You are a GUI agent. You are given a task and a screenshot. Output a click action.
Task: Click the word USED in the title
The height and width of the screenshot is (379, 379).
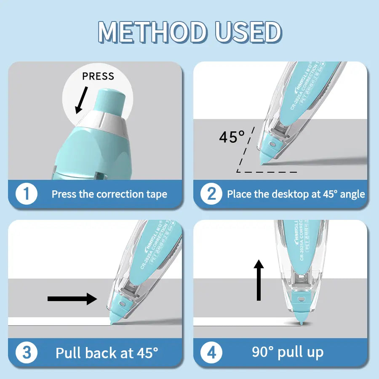point(248,32)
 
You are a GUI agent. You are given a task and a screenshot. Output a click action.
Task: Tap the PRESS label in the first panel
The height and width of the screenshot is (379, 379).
point(98,76)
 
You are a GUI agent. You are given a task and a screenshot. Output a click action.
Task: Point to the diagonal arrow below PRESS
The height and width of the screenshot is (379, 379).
point(81,100)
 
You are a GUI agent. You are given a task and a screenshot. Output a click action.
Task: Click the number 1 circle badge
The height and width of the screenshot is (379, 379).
point(27,194)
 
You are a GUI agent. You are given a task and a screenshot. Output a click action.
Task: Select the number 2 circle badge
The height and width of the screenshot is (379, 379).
point(211,194)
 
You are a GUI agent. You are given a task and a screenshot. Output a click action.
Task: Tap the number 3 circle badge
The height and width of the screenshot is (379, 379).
point(27,352)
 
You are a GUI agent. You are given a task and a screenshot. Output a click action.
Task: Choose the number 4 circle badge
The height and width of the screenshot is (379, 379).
point(211,352)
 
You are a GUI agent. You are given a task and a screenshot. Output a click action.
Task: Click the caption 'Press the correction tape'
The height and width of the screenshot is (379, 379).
point(109,194)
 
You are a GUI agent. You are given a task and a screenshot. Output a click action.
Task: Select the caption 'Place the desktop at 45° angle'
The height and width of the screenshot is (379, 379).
point(296,194)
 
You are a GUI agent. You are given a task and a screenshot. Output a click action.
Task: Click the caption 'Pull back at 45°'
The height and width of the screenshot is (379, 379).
point(107,352)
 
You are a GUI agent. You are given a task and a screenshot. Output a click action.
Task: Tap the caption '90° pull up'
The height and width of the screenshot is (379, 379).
point(288,352)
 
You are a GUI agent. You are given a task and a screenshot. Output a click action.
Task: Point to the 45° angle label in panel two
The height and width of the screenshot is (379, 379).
point(232,137)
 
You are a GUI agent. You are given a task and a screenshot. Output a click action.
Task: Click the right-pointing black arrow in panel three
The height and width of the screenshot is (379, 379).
point(72,299)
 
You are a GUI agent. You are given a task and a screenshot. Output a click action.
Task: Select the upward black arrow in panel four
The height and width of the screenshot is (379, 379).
point(259,280)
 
